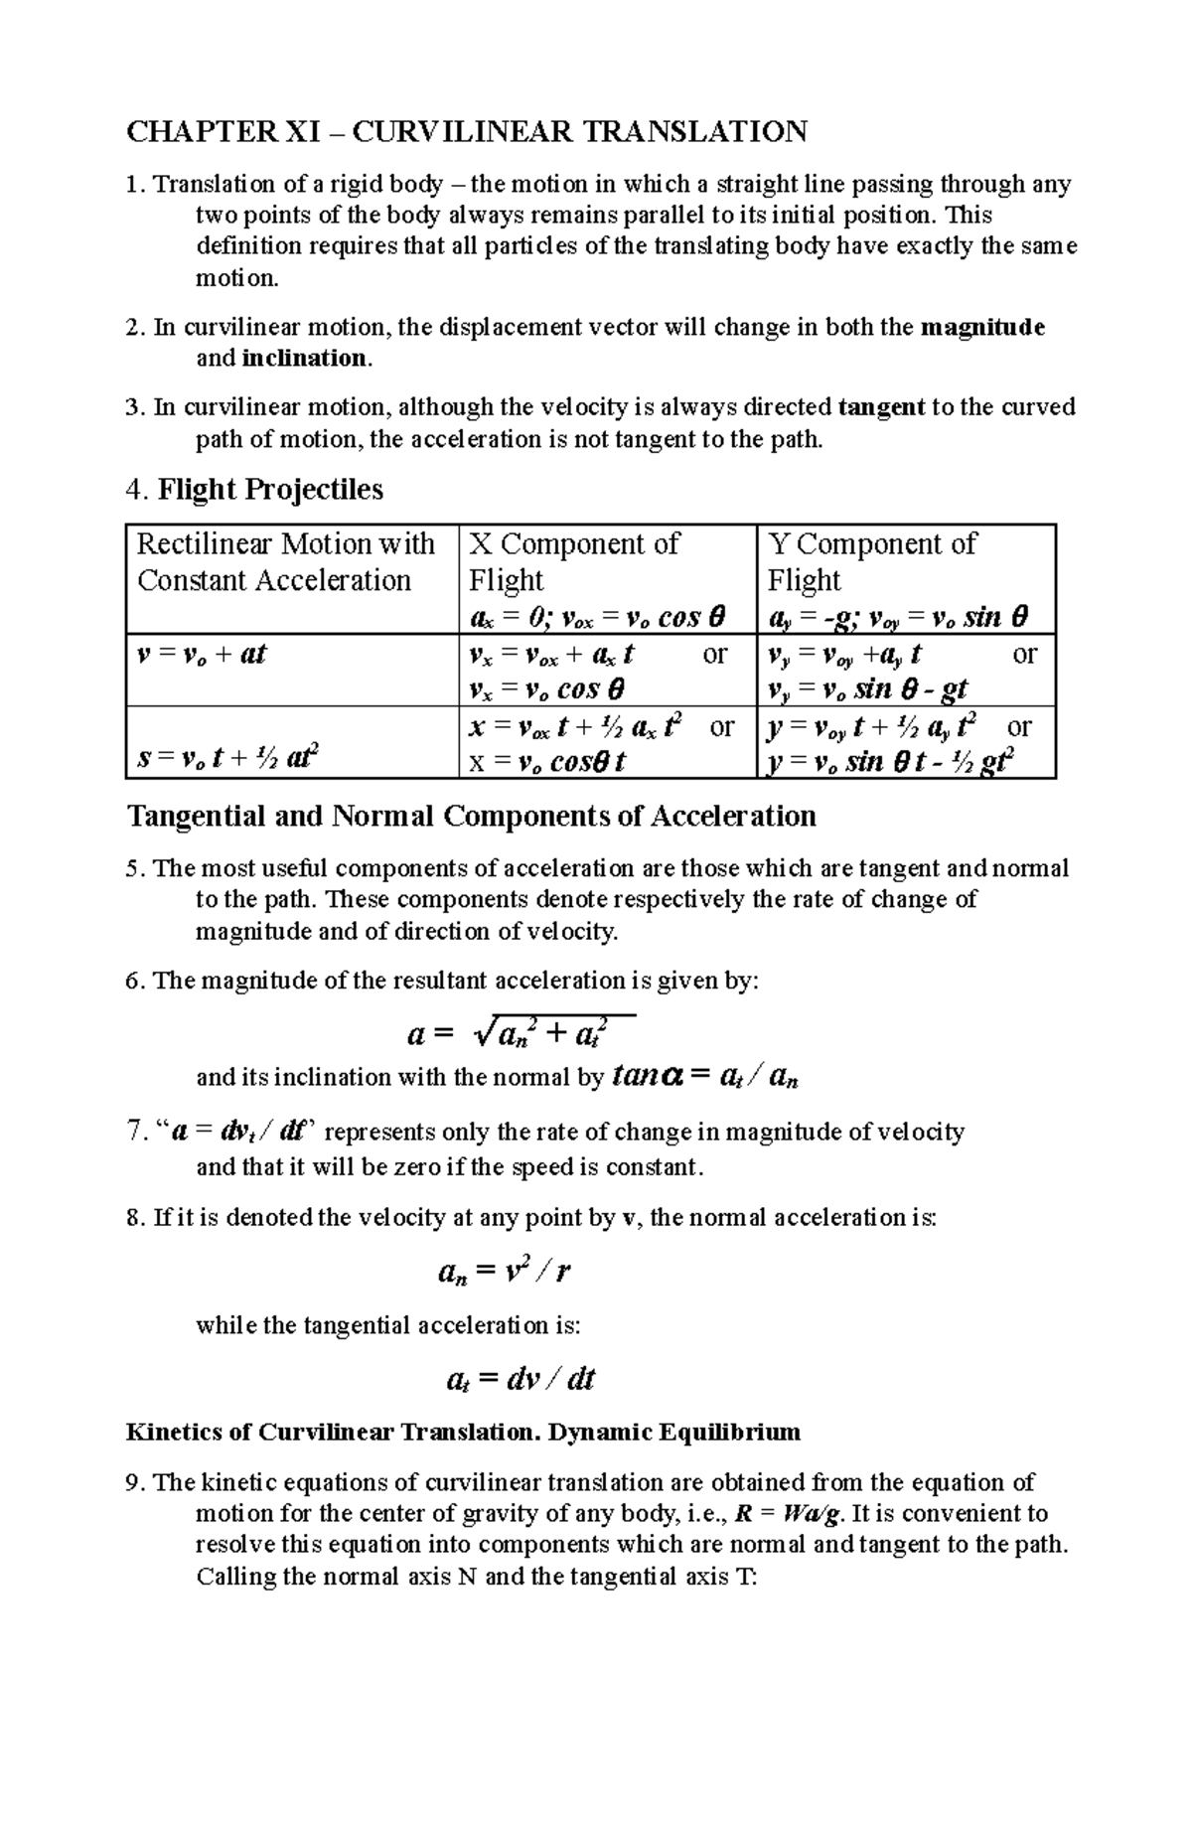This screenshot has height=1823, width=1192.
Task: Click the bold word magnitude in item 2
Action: (x=983, y=327)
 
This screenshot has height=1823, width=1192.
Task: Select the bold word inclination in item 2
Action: (x=304, y=359)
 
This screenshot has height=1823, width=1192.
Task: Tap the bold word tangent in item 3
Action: (x=882, y=407)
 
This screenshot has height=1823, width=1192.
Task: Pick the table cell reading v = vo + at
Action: (x=202, y=655)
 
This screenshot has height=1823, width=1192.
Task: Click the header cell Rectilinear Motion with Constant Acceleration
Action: (x=285, y=562)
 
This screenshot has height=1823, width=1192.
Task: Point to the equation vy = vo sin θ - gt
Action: (x=868, y=689)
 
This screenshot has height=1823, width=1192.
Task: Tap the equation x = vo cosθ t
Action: (x=547, y=762)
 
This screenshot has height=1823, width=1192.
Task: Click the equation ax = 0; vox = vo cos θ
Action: (x=596, y=618)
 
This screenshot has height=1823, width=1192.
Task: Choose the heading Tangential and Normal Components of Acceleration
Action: (x=472, y=817)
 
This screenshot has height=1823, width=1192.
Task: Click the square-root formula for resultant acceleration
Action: (x=521, y=1033)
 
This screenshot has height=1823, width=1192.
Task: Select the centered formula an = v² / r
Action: (x=504, y=1272)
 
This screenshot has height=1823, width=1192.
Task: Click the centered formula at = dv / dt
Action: (x=521, y=1379)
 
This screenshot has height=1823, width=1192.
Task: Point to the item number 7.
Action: (x=136, y=1133)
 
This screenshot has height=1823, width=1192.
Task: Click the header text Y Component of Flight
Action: (x=871, y=562)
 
